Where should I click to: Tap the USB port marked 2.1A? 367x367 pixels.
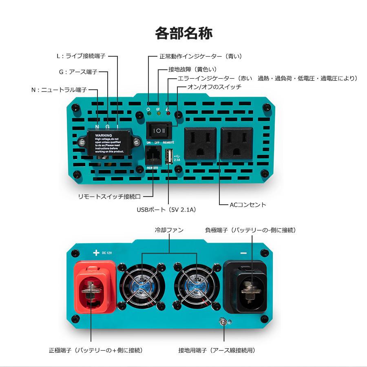[x=169, y=157]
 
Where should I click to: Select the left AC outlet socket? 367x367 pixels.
[x=200, y=143]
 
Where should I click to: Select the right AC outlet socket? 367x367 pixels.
[x=237, y=143]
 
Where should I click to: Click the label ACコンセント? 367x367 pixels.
[x=248, y=205]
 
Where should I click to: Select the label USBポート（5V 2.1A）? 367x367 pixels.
[x=166, y=210]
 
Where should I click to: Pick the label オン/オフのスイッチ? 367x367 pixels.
[x=214, y=87]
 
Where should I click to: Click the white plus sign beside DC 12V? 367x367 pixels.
[x=96, y=253]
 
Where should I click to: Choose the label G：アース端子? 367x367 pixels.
[x=78, y=72]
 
